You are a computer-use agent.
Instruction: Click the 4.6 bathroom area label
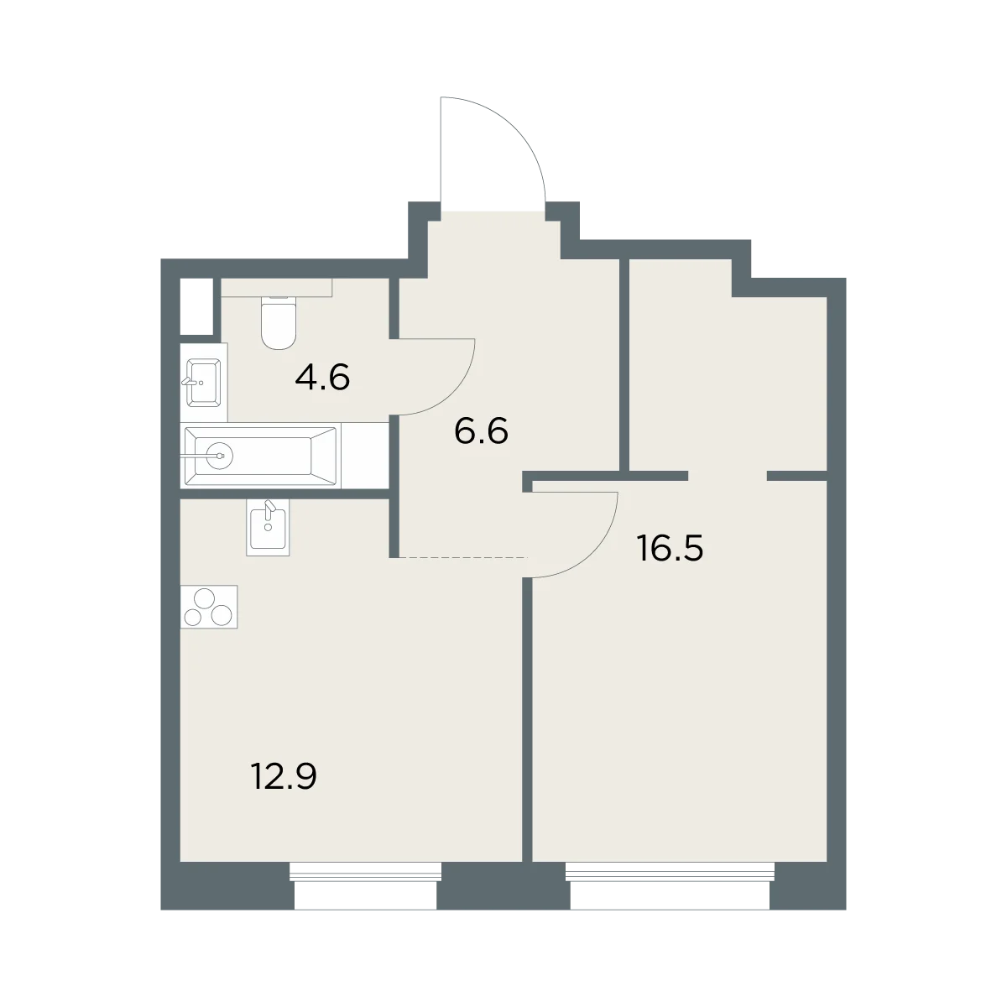point(322,378)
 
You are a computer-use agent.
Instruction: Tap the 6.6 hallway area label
point(482,431)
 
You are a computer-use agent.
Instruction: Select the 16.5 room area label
point(670,549)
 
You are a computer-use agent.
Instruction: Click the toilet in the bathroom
point(279,322)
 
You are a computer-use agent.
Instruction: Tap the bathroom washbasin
point(203,383)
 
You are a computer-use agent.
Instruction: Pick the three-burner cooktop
point(209,607)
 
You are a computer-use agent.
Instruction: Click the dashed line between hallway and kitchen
point(459,558)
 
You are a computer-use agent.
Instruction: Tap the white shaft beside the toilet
point(197,307)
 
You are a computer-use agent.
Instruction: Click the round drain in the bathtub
point(220,457)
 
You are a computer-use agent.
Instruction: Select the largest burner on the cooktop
point(204,598)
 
